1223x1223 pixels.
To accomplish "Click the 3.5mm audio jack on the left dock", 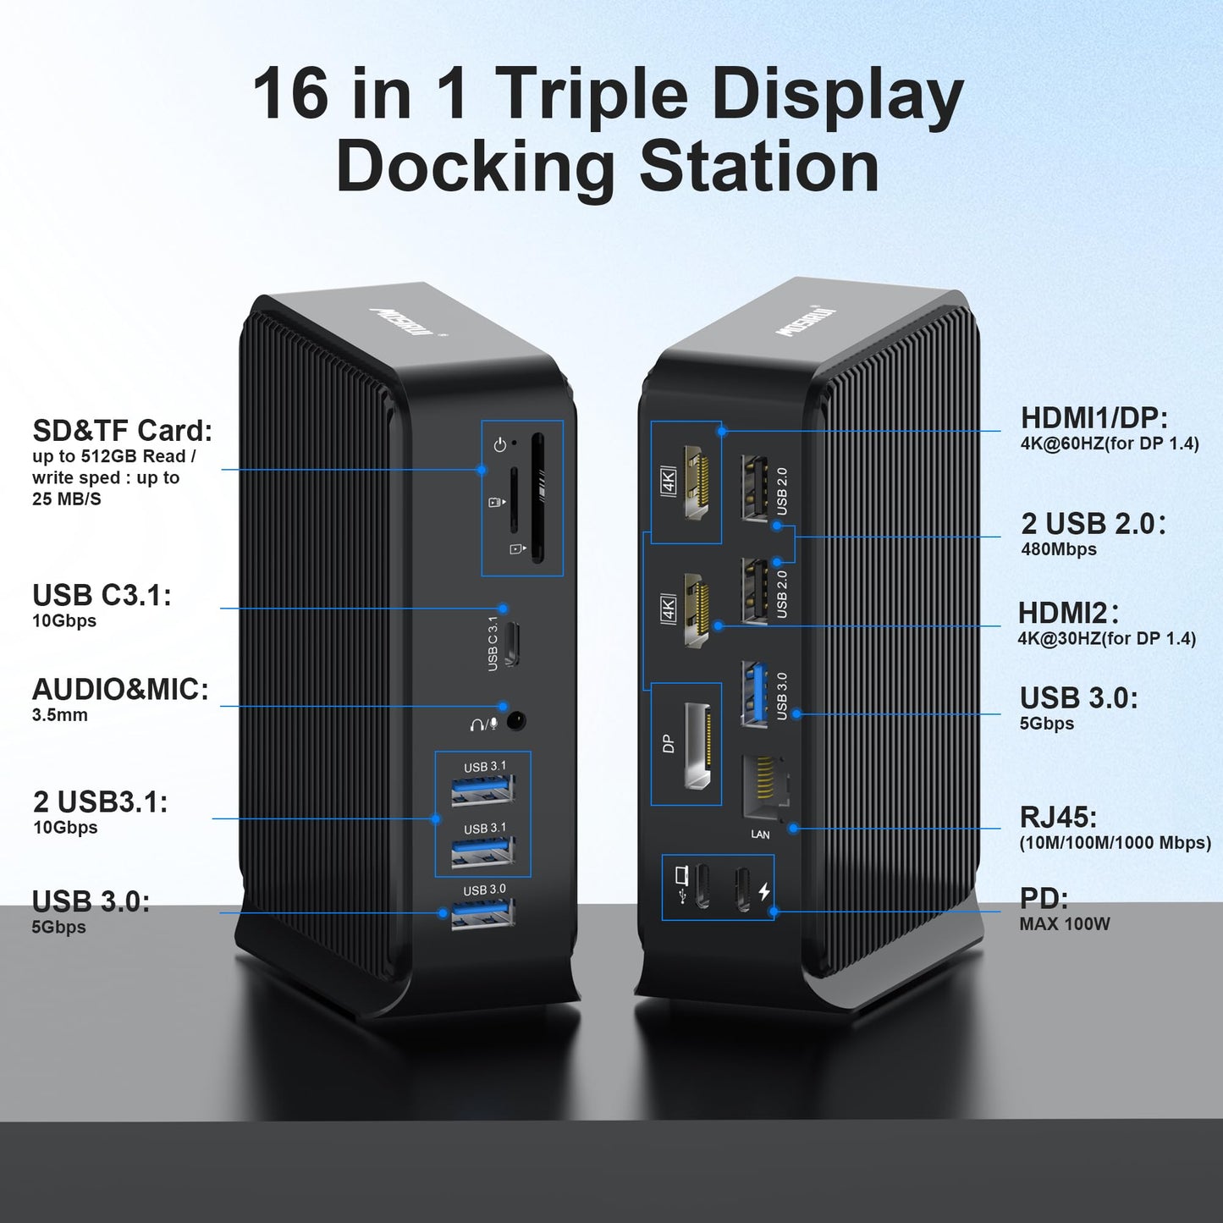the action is point(518,722).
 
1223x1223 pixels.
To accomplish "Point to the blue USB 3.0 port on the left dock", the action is point(482,915).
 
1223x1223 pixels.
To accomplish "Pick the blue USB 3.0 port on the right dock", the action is point(754,694).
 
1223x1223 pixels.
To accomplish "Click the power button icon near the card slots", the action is point(500,445).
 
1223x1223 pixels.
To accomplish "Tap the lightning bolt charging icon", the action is point(764,892).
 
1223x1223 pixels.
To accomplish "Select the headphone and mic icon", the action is point(484,723).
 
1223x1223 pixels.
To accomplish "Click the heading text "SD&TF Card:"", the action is point(123,431).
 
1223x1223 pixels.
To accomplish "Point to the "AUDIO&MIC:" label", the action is point(120,690).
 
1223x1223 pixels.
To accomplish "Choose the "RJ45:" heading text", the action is point(1058,817).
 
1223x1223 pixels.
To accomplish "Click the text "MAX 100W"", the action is point(1065,924).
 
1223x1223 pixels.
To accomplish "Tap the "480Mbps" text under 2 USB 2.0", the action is point(1059,549).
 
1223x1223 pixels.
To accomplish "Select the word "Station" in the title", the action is point(759,166).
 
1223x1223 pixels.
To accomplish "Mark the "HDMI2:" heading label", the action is point(1067,613).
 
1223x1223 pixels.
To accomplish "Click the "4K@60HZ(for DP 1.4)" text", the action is point(1110,443).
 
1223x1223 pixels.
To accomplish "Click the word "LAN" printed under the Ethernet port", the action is point(760,834).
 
